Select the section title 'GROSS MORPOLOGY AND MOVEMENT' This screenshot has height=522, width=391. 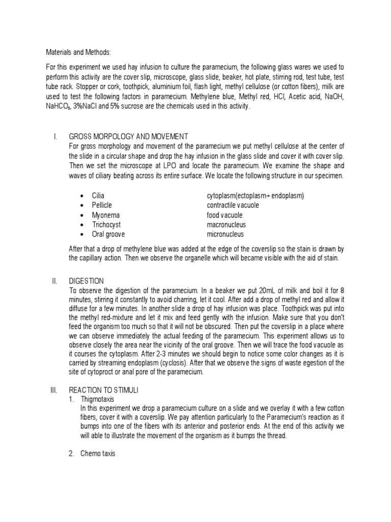tap(128, 137)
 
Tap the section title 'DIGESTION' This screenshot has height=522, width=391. tap(86, 281)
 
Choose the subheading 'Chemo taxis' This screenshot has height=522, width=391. tap(98, 454)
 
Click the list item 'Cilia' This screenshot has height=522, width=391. tap(98, 196)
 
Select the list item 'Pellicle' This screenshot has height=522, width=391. tap(102, 205)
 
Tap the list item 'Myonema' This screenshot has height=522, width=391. tap(106, 215)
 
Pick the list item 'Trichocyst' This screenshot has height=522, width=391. tap(106, 225)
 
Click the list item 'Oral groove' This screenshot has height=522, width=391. tap(108, 234)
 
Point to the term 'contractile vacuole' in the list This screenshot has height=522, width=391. tap(233, 205)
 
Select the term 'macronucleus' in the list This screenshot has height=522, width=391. tap(226, 225)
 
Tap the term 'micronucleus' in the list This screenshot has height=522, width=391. tap(225, 234)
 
